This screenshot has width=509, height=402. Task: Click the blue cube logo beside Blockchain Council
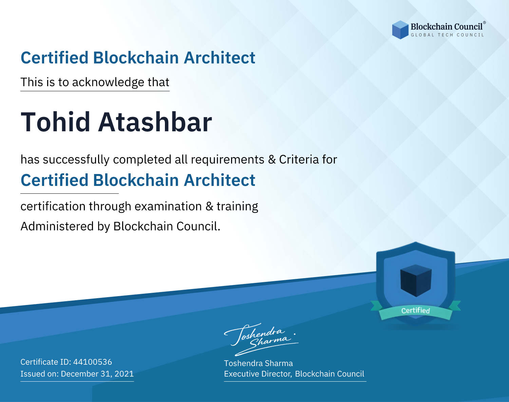click(400, 30)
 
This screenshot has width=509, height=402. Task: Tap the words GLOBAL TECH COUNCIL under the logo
click(447, 35)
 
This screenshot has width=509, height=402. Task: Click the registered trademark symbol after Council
click(484, 23)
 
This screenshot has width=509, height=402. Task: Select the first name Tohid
click(55, 122)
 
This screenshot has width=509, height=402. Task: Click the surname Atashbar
click(155, 122)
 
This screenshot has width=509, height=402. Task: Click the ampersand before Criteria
click(272, 159)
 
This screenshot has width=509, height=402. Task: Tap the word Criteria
click(299, 159)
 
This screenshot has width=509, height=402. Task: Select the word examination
click(168, 206)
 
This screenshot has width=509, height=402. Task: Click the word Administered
click(57, 226)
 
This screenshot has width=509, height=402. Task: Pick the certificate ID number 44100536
click(93, 362)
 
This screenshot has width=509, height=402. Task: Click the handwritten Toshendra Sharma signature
click(261, 339)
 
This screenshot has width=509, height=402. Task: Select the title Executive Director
click(258, 374)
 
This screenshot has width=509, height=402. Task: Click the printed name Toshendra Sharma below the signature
click(258, 363)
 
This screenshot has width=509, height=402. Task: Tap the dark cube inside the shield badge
click(416, 281)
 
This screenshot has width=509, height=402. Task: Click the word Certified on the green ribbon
click(415, 310)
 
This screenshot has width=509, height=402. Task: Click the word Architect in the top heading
click(220, 58)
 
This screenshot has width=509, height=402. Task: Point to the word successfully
click(76, 160)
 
